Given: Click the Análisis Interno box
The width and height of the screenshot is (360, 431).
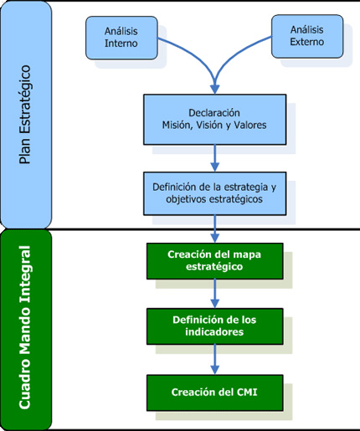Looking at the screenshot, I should click(x=121, y=37).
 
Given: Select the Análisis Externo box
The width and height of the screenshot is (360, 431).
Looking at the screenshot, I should click(x=308, y=37).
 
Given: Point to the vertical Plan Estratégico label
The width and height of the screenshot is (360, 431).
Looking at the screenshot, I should click(x=26, y=115).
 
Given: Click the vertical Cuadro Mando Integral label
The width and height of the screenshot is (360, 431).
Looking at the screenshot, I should click(x=26, y=328).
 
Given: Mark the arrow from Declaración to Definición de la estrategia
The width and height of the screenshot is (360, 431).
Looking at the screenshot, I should click(x=215, y=156).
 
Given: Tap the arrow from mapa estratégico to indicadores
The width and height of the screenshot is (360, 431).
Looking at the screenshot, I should click(x=215, y=293).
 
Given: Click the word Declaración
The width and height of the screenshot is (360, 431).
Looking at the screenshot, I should click(x=214, y=112).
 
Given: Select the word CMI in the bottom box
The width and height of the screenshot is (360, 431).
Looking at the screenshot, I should click(x=246, y=392).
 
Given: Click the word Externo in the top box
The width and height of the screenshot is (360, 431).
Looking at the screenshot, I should click(x=308, y=44).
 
